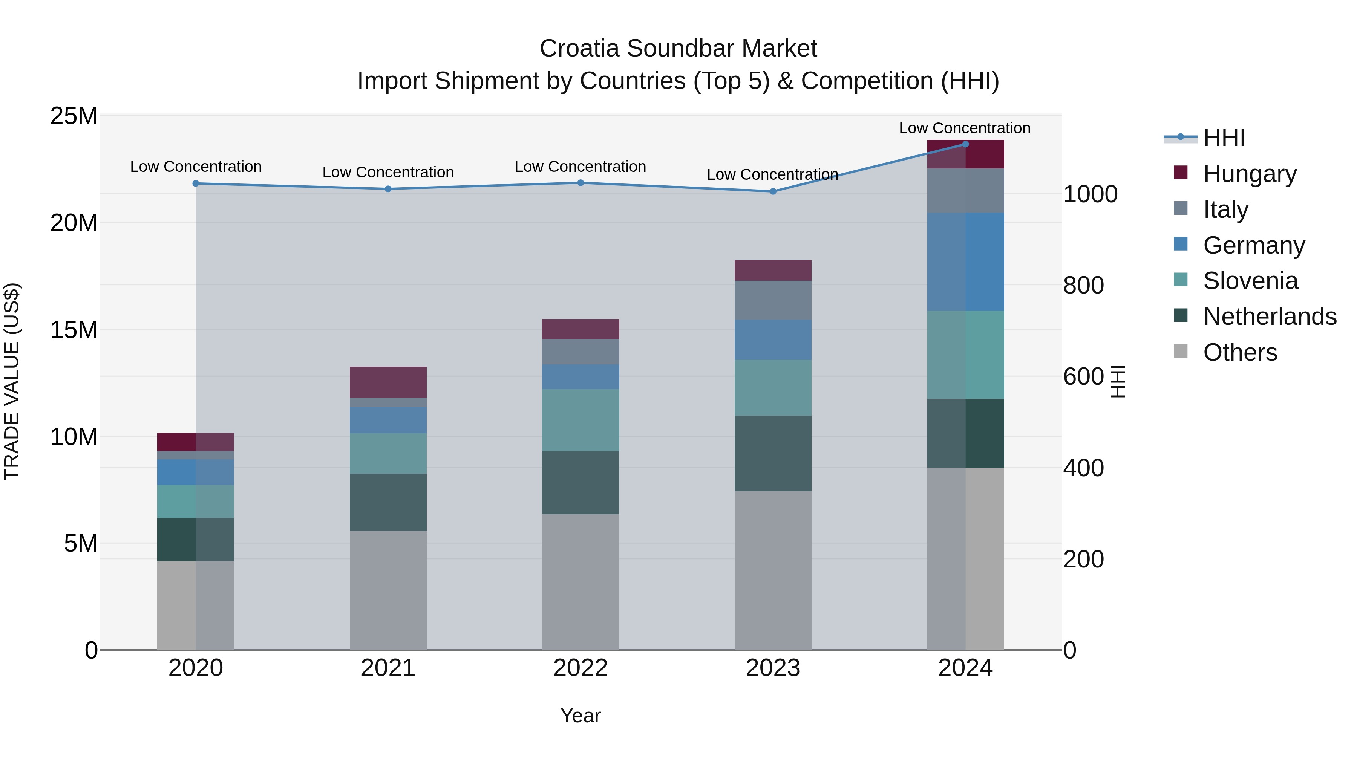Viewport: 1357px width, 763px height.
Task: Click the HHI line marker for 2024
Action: (x=965, y=144)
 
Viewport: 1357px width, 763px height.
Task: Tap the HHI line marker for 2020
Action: (x=195, y=183)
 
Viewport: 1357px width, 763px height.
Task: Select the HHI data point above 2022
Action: (x=580, y=183)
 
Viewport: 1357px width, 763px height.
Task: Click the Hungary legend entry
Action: (x=1249, y=174)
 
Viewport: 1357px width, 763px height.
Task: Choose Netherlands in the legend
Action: (x=1270, y=317)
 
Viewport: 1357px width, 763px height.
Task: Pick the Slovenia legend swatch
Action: (x=1181, y=280)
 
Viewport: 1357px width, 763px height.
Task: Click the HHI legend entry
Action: (x=1224, y=138)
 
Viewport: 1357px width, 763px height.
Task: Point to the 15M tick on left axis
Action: (x=74, y=330)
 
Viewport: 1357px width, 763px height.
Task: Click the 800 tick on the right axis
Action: (x=1083, y=285)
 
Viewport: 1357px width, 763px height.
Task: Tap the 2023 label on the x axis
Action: (x=773, y=668)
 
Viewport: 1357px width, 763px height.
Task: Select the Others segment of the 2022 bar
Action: (x=580, y=581)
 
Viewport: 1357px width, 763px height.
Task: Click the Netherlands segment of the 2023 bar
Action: (x=773, y=453)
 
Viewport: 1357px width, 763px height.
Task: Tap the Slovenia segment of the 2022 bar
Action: (x=580, y=420)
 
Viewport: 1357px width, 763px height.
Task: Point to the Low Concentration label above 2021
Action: (x=388, y=172)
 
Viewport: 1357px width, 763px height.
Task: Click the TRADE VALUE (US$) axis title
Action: (x=12, y=381)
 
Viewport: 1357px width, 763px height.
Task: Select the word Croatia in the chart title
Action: (x=579, y=49)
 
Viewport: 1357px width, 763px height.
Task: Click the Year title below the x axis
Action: (x=580, y=716)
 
